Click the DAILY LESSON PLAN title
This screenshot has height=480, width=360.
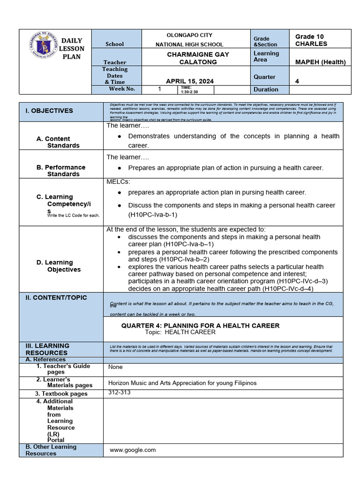tap(72, 49)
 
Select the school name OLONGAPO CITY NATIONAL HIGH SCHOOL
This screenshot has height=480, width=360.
tap(189, 39)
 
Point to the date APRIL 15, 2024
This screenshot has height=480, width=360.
tap(190, 81)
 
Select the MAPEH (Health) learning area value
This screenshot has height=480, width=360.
tap(320, 62)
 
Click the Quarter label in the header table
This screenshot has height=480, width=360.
tap(264, 77)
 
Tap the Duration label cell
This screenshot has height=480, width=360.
tap(266, 89)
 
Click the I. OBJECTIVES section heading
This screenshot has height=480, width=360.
tap(49, 111)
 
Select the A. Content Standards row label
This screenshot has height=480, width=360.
tap(58, 142)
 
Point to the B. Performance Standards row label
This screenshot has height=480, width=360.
tap(61, 171)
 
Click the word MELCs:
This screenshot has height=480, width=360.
tap(118, 181)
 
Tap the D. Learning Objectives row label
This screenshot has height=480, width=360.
tap(59, 266)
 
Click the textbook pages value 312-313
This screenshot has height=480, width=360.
tap(120, 392)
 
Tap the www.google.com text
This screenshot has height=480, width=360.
tap(133, 450)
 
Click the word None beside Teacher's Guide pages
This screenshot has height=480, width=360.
tap(115, 367)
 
